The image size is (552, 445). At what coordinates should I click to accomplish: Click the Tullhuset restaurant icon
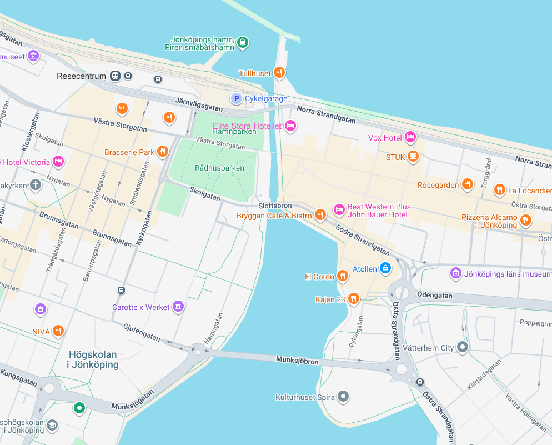[280, 72]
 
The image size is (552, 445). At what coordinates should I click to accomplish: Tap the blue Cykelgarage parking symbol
[236, 98]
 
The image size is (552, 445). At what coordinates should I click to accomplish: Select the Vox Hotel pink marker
[410, 136]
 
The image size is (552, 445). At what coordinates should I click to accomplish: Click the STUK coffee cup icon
[413, 156]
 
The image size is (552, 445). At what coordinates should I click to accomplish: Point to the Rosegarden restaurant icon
[468, 184]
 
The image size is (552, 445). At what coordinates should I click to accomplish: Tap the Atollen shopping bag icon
[385, 268]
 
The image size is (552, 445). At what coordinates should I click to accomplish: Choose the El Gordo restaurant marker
[343, 276]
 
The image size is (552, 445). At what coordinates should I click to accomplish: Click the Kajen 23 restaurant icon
[353, 299]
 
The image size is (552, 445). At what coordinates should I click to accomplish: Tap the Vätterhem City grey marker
[463, 347]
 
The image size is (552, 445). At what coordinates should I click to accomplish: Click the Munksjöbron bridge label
[298, 361]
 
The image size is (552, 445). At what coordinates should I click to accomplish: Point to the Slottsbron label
[275, 206]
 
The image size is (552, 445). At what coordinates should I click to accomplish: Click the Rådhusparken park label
[219, 167]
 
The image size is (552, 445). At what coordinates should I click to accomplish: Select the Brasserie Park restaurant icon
[162, 151]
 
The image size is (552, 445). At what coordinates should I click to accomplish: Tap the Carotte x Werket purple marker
[178, 306]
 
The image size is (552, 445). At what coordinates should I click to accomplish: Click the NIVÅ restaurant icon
[58, 331]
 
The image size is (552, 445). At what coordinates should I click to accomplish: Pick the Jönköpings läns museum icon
[455, 273]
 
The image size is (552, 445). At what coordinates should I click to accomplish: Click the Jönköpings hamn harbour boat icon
[242, 42]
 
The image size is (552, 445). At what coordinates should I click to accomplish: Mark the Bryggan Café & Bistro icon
[320, 214]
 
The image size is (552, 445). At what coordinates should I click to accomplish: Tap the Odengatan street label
[435, 296]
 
